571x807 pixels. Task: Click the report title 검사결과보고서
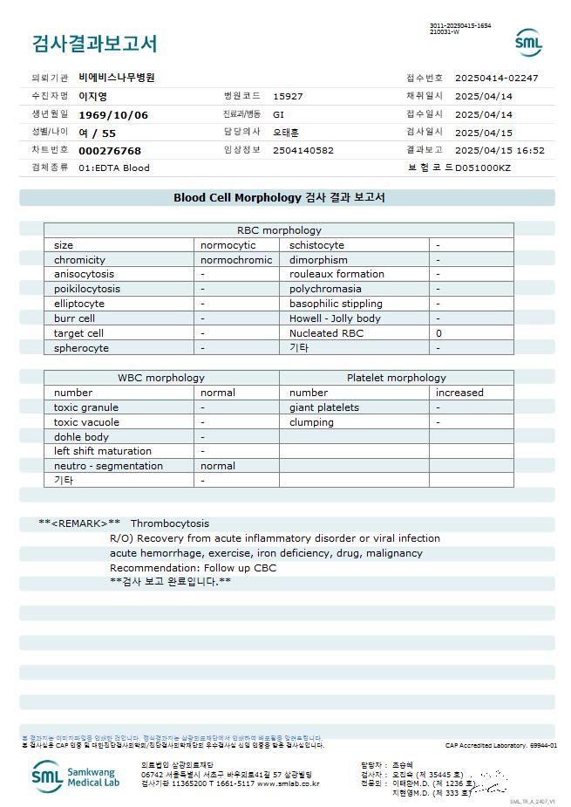click(x=94, y=43)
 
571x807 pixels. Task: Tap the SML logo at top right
click(x=528, y=42)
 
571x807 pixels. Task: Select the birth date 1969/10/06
click(x=113, y=114)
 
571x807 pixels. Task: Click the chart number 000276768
click(x=110, y=150)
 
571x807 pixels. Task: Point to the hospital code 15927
click(x=288, y=96)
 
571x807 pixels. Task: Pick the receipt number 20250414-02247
click(x=496, y=78)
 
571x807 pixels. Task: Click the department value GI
click(x=279, y=114)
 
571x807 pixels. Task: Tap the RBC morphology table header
click(x=279, y=230)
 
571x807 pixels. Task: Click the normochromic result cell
click(x=236, y=260)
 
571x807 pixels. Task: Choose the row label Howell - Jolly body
click(x=335, y=318)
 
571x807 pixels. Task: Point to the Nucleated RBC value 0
click(x=439, y=333)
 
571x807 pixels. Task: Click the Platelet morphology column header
click(x=396, y=378)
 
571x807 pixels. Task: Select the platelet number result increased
click(x=459, y=393)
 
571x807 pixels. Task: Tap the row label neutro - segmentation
click(x=108, y=466)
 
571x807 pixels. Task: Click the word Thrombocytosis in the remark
click(x=170, y=523)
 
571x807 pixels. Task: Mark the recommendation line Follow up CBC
click(x=193, y=568)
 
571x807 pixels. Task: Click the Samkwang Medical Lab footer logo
click(x=74, y=775)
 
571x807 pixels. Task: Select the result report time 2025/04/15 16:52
click(x=500, y=150)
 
